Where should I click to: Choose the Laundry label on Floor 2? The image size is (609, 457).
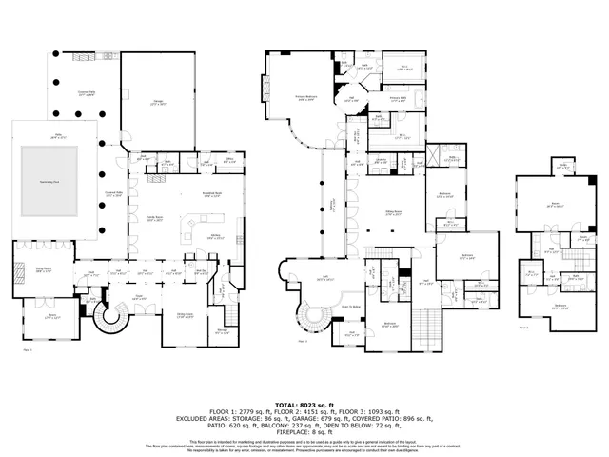[380, 162]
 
